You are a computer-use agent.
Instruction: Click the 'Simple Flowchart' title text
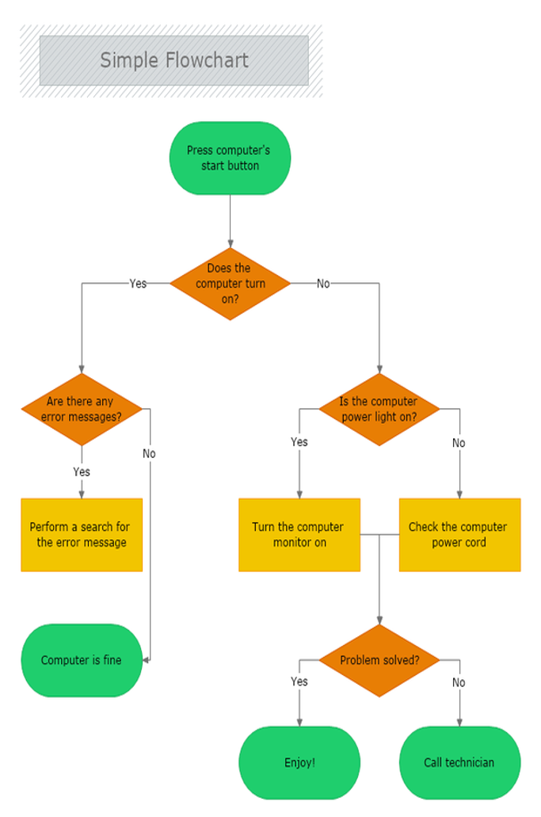(x=174, y=60)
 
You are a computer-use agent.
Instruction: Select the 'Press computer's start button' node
(x=230, y=158)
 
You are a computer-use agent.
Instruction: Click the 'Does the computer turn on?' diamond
(x=230, y=284)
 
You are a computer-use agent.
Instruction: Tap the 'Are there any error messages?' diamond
(x=82, y=409)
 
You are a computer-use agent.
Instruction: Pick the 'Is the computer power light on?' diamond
(x=379, y=409)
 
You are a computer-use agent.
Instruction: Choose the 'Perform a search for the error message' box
(x=82, y=535)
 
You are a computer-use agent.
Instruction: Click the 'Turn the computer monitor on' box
(x=299, y=535)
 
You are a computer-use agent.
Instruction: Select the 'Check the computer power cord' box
(x=459, y=535)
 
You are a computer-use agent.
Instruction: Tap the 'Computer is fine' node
(x=82, y=660)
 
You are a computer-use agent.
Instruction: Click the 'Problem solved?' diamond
(x=379, y=660)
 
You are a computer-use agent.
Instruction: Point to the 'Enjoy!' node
(x=299, y=763)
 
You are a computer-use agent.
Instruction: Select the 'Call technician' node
(x=459, y=763)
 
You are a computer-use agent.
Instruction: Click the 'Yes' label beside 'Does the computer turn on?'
(x=138, y=284)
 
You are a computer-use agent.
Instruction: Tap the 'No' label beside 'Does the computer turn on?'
(x=323, y=284)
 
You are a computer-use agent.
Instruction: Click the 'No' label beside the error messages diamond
(x=150, y=454)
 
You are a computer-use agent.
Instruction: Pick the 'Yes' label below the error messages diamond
(x=82, y=472)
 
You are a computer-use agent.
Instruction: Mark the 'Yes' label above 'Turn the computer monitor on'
(x=299, y=442)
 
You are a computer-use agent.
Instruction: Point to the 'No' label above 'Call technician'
(x=459, y=682)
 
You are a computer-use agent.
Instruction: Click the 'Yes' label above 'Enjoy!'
(x=299, y=681)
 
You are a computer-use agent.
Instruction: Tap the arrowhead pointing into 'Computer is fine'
(x=147, y=660)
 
